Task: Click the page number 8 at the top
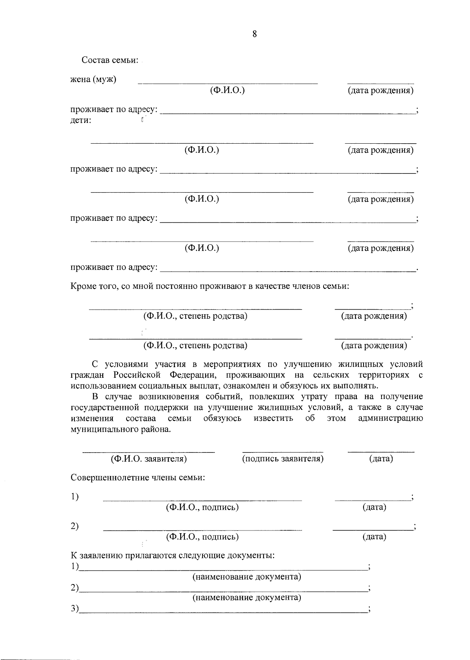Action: click(255, 34)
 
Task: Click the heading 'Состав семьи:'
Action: click(110, 60)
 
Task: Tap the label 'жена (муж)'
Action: click(93, 79)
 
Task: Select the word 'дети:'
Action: click(81, 121)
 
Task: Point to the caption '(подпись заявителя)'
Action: click(283, 459)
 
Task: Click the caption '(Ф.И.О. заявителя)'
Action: click(148, 459)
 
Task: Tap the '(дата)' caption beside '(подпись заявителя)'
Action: click(381, 459)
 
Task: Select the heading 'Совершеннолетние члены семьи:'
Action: click(138, 478)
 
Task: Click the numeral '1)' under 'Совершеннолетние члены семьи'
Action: click(74, 497)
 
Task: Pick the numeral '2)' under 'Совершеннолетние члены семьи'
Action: click(74, 527)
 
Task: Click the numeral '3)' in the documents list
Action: click(74, 609)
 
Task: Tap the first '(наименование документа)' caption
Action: click(247, 577)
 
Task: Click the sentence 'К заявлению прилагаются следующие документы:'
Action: click(172, 556)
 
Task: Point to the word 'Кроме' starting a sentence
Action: click(83, 287)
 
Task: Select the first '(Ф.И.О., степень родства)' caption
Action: click(195, 316)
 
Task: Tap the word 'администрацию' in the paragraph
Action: click(390, 418)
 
